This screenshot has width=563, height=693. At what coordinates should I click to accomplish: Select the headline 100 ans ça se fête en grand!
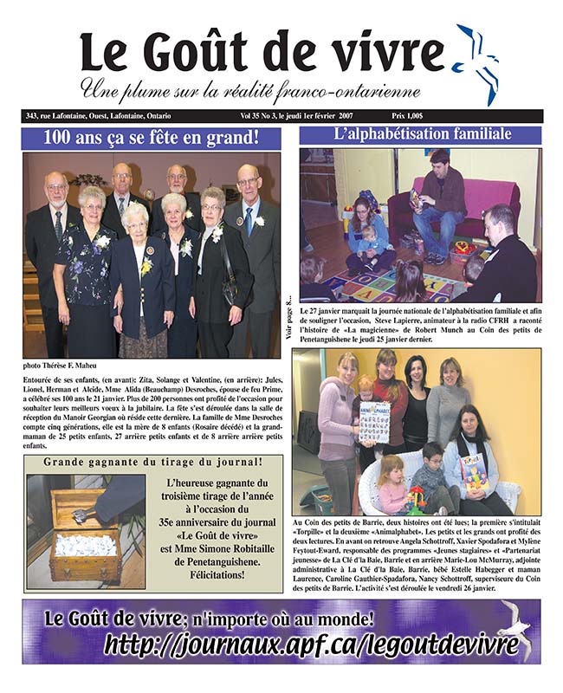tap(152, 137)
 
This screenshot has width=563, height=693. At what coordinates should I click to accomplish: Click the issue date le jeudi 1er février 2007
tap(324, 115)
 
